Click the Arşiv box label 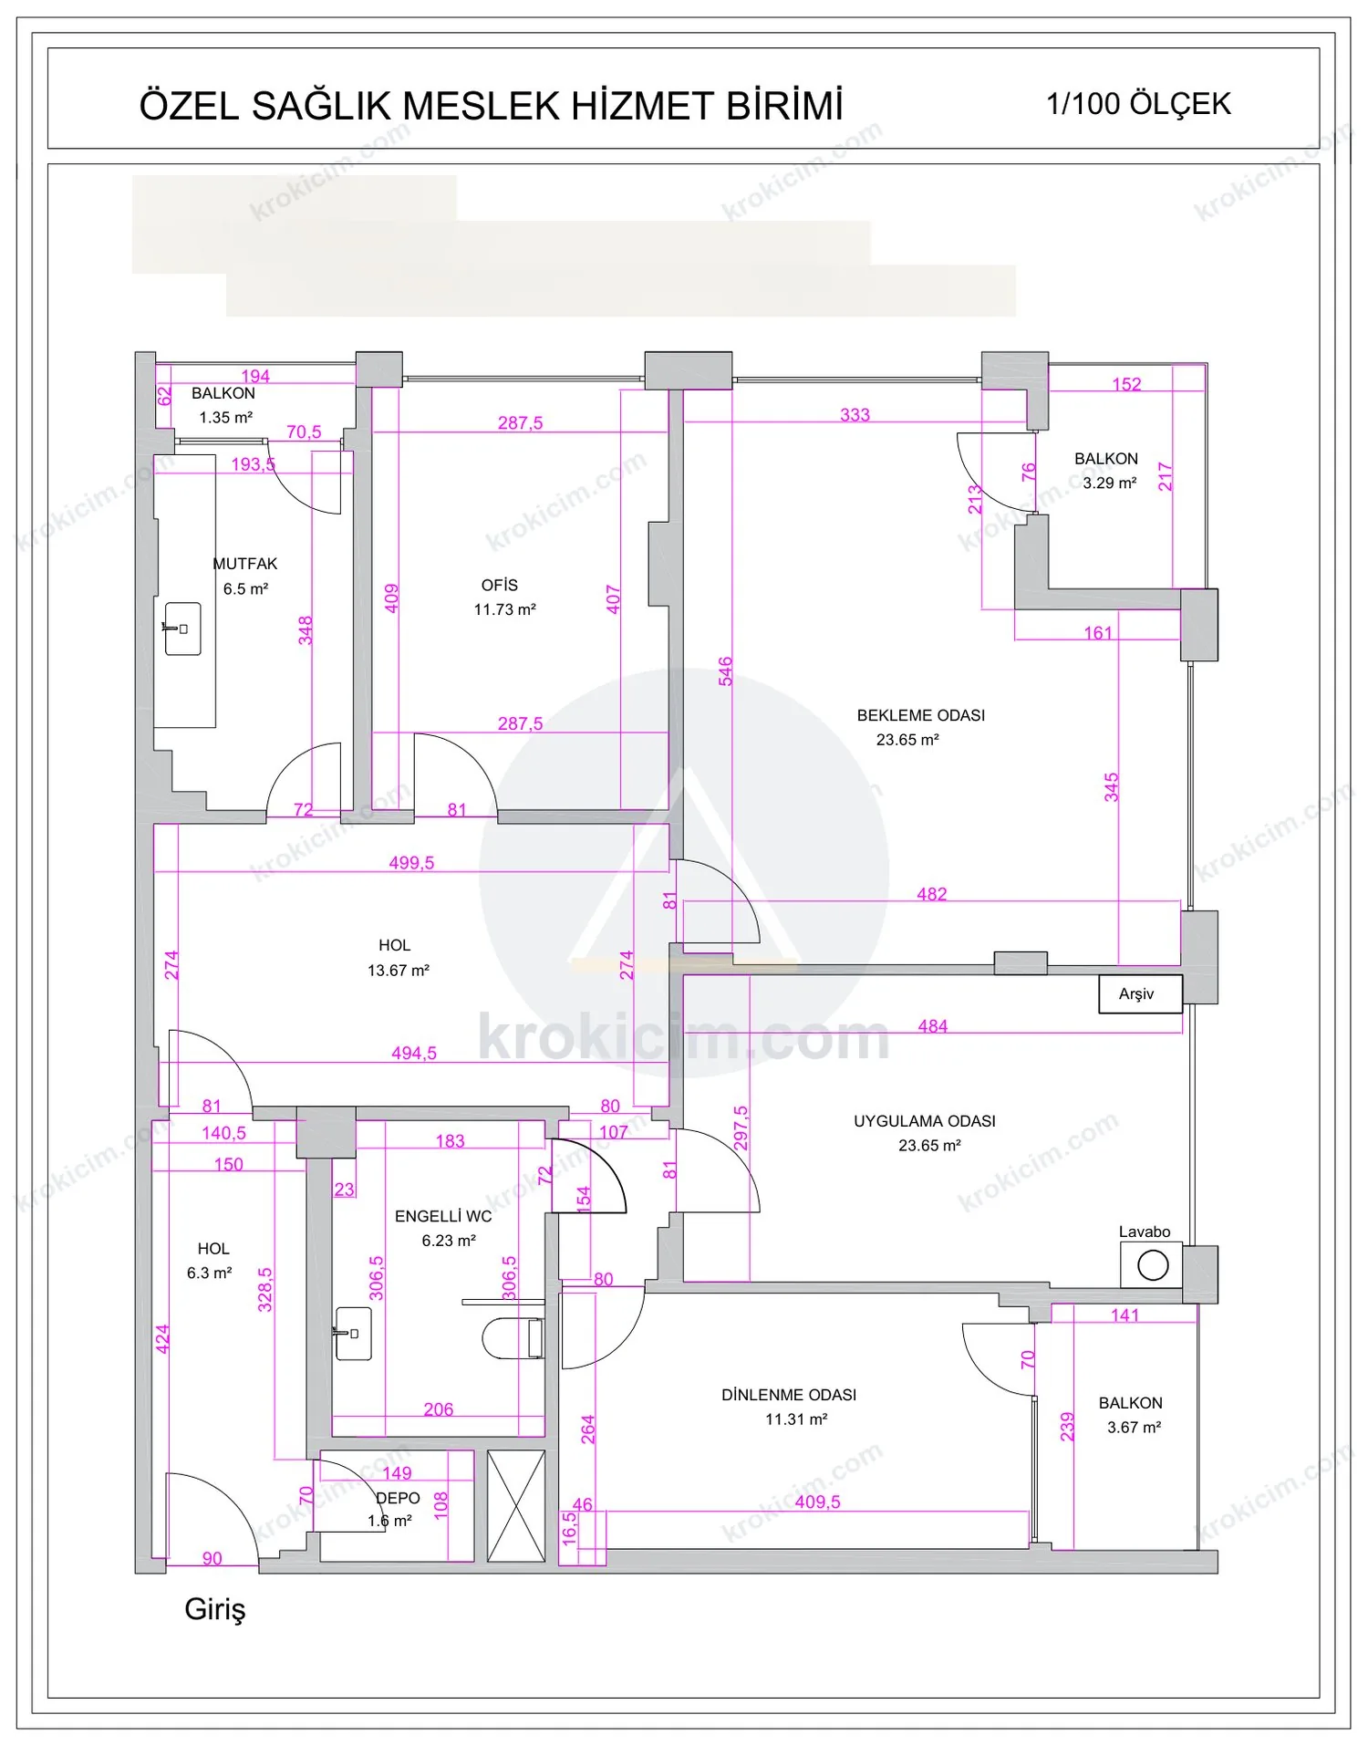pyautogui.click(x=1136, y=994)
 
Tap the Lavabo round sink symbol pyautogui.click(x=1153, y=1265)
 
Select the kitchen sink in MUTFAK pyautogui.click(x=182, y=629)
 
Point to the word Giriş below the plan pyautogui.click(x=215, y=1609)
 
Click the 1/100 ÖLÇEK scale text pyautogui.click(x=1138, y=104)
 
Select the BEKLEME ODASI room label pyautogui.click(x=921, y=715)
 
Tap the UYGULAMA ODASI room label pyautogui.click(x=925, y=1121)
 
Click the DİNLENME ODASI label pyautogui.click(x=789, y=1395)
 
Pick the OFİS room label pyautogui.click(x=500, y=586)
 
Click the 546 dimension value pyautogui.click(x=725, y=671)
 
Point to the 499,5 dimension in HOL pyautogui.click(x=411, y=863)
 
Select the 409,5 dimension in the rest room pyautogui.click(x=817, y=1502)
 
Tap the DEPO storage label pyautogui.click(x=399, y=1499)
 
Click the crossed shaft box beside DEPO pyautogui.click(x=516, y=1506)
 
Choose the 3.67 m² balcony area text pyautogui.click(x=1134, y=1428)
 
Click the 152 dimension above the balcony pyautogui.click(x=1126, y=384)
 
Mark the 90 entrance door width pyautogui.click(x=212, y=1558)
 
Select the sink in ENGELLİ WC pyautogui.click(x=353, y=1334)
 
